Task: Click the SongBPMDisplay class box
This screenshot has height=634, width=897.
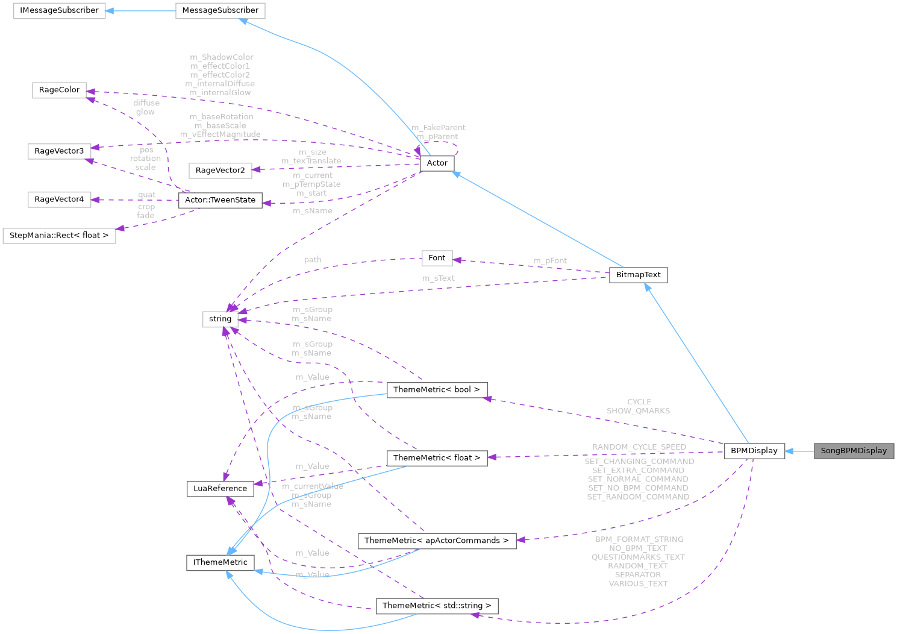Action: (x=854, y=451)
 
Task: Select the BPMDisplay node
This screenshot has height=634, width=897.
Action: (x=754, y=451)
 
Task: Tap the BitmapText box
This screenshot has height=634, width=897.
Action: (x=639, y=275)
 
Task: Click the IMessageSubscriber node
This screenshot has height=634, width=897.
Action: (x=59, y=10)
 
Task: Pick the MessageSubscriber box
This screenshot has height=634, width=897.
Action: (x=220, y=10)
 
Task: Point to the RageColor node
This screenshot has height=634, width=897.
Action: (x=59, y=90)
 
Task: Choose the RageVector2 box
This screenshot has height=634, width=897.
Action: (x=220, y=171)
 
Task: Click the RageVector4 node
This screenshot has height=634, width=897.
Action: (x=59, y=199)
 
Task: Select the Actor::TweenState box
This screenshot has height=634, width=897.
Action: (x=220, y=200)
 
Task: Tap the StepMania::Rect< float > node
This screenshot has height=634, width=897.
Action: (x=59, y=235)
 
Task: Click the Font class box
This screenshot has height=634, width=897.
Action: (x=437, y=258)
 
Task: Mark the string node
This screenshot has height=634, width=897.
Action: (x=220, y=319)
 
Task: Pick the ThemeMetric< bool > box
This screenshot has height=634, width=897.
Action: (x=436, y=390)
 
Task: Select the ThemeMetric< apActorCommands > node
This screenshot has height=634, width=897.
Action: (x=436, y=541)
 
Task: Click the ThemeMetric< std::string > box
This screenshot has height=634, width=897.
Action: (x=436, y=606)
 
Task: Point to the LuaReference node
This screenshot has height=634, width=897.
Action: (x=220, y=488)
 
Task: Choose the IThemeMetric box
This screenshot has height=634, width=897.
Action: (x=220, y=562)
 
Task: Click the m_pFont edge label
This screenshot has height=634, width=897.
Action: (x=550, y=260)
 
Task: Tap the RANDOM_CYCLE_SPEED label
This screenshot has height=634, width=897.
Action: (x=639, y=447)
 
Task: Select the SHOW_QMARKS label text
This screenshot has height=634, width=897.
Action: (x=638, y=411)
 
